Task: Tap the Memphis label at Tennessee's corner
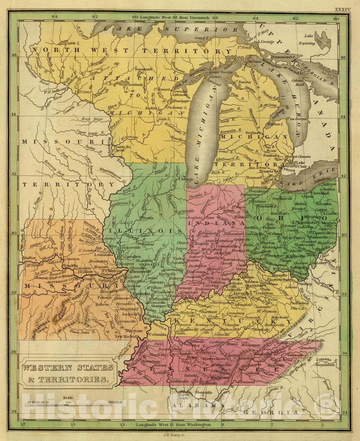point(132,382)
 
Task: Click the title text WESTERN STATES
point(68,367)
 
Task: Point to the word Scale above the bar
point(68,397)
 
